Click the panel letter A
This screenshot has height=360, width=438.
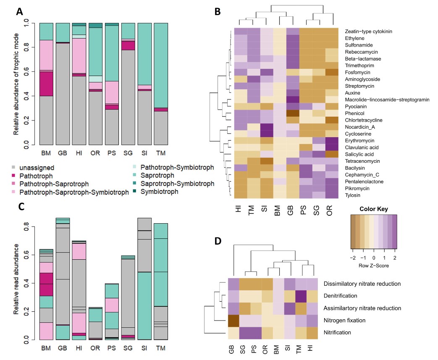point(19,12)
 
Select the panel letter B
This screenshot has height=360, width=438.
point(218,12)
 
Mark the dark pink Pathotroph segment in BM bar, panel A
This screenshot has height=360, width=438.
point(47,84)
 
